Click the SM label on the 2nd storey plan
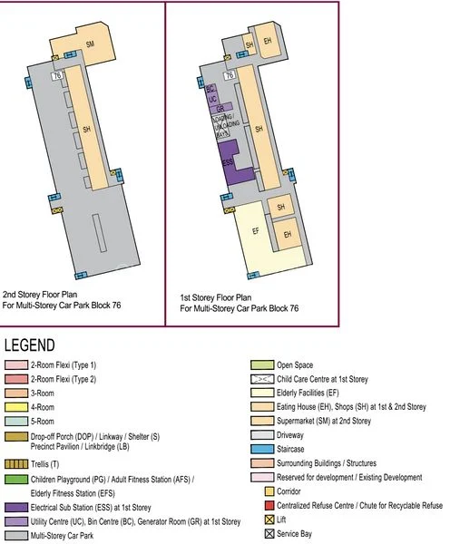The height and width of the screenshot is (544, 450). tap(90, 44)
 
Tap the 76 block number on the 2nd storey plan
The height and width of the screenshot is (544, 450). tap(57, 76)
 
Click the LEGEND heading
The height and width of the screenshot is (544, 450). tap(30, 345)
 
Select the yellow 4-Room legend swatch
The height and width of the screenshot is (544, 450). tap(16, 407)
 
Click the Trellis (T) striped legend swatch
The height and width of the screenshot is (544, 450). tap(16, 463)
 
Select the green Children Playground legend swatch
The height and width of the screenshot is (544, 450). tap(16, 478)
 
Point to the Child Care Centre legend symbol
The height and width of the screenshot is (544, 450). tap(261, 378)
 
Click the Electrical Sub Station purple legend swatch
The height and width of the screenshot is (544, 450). tap(16, 507)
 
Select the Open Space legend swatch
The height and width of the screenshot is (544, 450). tap(261, 364)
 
